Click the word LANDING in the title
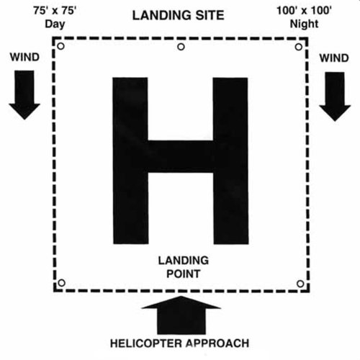162,15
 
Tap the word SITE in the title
210,15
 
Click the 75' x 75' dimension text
55,11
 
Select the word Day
55,24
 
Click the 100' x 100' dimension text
305,11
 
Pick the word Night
305,24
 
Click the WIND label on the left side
24,57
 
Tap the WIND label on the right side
334,58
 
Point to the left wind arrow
24,95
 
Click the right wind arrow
335,96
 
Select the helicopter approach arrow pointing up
181,315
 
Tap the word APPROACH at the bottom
217,343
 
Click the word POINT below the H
184,274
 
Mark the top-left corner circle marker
61,46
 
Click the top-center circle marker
181,47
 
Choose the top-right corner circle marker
299,47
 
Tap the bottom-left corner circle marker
62,283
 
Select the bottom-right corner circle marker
300,284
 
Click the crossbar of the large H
181,156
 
